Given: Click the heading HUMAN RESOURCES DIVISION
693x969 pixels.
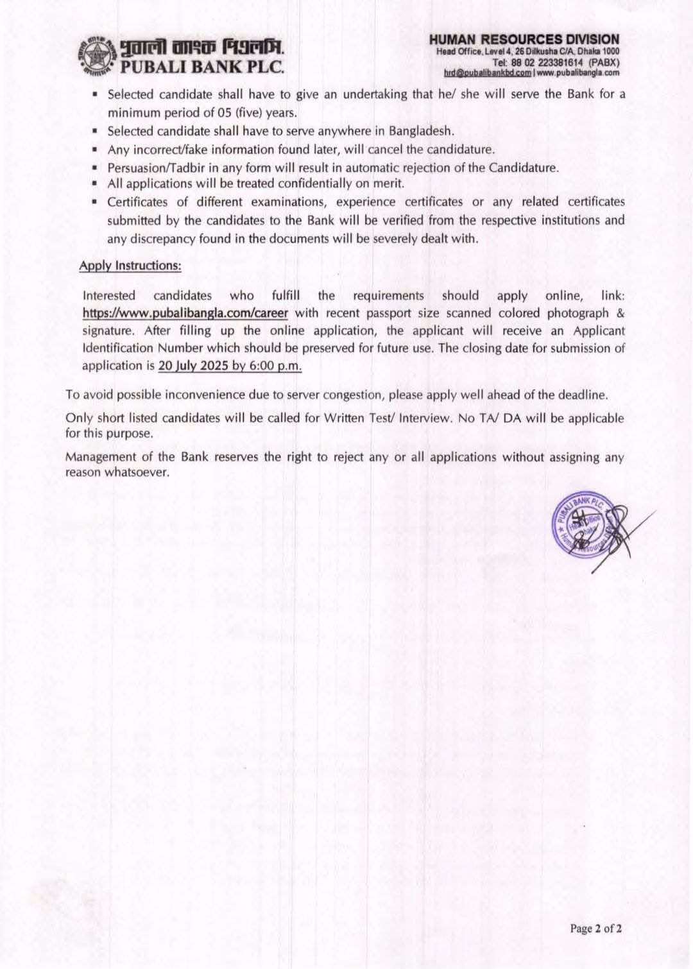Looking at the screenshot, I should tap(524, 40).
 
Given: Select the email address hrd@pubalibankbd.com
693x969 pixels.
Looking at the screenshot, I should tap(487, 73).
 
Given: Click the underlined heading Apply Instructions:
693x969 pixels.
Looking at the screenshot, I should tap(130, 266).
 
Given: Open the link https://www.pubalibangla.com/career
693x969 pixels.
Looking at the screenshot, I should tap(185, 313).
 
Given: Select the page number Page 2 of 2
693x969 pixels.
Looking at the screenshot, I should tap(596, 928).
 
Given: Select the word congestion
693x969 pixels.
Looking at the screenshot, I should tap(351, 395).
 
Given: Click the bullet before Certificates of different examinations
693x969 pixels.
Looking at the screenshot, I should tap(94, 202).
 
